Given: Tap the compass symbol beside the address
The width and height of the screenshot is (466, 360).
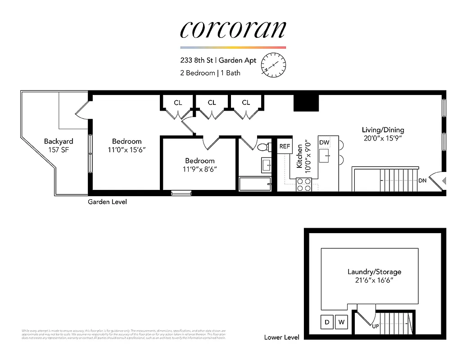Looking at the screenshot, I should (x=274, y=65).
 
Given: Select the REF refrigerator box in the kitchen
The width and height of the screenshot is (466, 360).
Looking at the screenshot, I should (x=285, y=146).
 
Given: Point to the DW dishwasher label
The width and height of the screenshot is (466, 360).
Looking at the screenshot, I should (x=324, y=143).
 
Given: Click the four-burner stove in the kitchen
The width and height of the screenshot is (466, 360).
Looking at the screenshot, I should (x=303, y=184).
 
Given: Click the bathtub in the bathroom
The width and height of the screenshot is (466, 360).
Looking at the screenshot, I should (x=255, y=184).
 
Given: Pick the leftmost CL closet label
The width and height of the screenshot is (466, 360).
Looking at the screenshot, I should (x=178, y=103).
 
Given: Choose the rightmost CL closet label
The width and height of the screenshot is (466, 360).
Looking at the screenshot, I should (x=246, y=103).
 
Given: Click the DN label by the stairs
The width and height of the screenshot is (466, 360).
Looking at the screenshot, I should (x=422, y=180).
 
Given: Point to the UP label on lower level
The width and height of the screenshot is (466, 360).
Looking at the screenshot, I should (x=376, y=326).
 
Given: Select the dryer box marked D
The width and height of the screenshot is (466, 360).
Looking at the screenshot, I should (x=326, y=322).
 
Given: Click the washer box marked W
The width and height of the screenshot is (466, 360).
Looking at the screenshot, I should (x=341, y=322).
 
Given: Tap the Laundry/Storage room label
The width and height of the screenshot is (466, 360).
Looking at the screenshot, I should (x=374, y=272).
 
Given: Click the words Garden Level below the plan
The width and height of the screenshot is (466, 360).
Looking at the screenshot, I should (x=107, y=202).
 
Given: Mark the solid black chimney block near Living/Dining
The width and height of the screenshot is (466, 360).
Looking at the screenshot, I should (x=306, y=103).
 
